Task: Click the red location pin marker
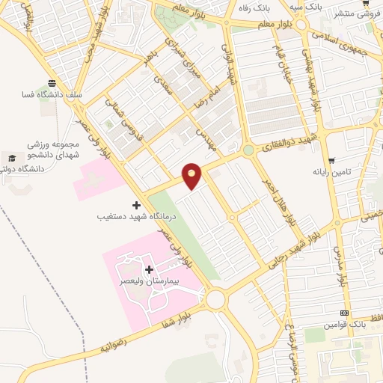(192, 176)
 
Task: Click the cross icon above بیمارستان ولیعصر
(148, 269)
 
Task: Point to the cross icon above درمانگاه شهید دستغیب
(135, 204)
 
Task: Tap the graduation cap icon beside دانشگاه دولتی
(12, 158)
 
